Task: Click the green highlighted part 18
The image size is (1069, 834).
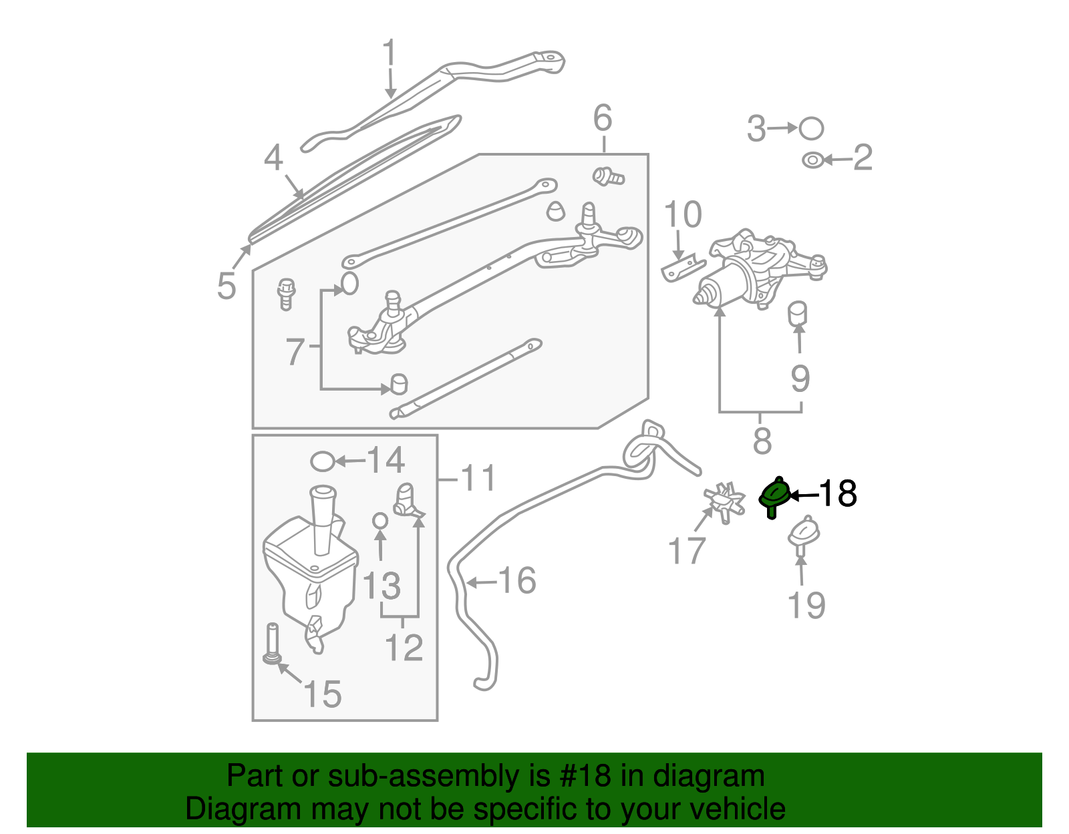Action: pos(775,496)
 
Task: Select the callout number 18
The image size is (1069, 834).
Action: pos(837,494)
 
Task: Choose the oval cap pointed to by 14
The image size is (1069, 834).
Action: pos(323,461)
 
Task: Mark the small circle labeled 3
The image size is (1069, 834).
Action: pos(811,128)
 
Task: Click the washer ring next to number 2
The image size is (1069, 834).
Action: pos(812,160)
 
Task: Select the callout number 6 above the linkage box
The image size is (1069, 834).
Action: pos(603,118)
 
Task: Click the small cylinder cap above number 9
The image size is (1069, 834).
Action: pos(798,313)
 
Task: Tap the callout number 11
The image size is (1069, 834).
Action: pos(478,478)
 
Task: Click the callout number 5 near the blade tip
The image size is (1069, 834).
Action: pos(227,286)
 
